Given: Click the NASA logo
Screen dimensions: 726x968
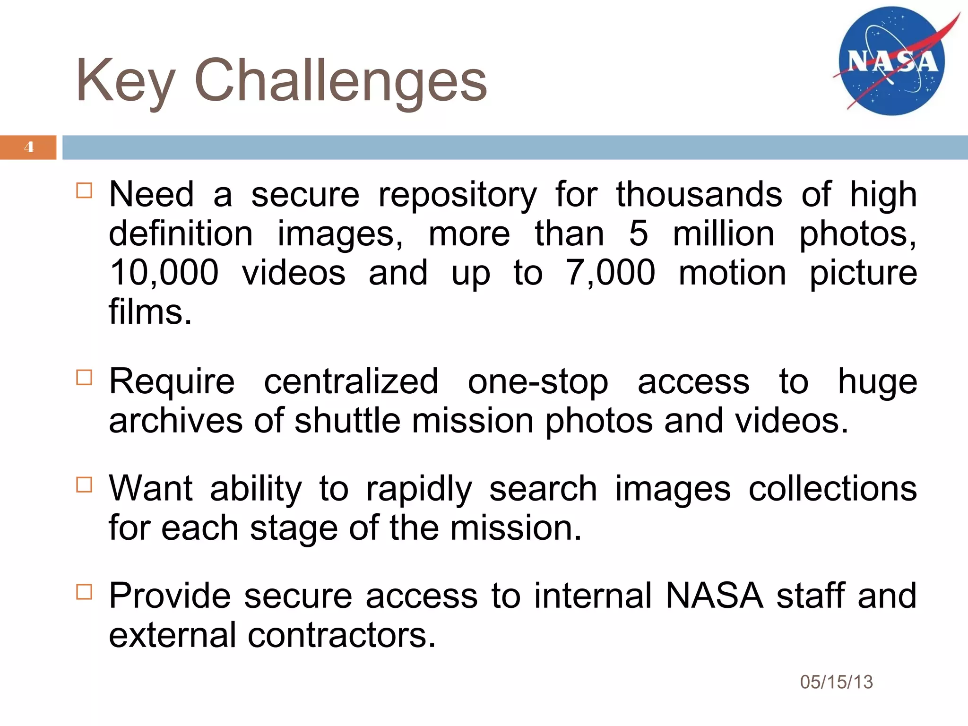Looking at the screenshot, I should (x=892, y=60).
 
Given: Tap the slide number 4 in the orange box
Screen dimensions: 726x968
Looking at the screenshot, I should (x=29, y=147).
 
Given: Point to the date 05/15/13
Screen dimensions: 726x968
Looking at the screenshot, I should (x=836, y=682).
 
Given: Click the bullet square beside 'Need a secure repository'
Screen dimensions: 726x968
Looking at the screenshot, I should (x=84, y=190).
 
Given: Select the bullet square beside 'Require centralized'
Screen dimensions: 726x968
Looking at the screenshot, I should (x=84, y=378).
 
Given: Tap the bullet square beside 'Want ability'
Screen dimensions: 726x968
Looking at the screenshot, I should (x=84, y=484).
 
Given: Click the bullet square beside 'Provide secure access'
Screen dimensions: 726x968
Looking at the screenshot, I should (x=84, y=591).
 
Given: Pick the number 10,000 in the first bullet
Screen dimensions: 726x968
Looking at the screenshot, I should (x=164, y=273).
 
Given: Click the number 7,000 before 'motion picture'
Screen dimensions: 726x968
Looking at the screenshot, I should (x=610, y=273).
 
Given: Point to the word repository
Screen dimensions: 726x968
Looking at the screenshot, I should (x=458, y=196).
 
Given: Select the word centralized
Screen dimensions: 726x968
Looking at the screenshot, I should (x=351, y=381).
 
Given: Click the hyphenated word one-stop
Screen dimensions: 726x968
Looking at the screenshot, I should (x=538, y=381).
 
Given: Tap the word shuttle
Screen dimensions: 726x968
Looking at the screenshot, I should (x=347, y=421).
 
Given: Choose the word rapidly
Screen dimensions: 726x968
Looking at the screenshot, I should (x=419, y=490).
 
